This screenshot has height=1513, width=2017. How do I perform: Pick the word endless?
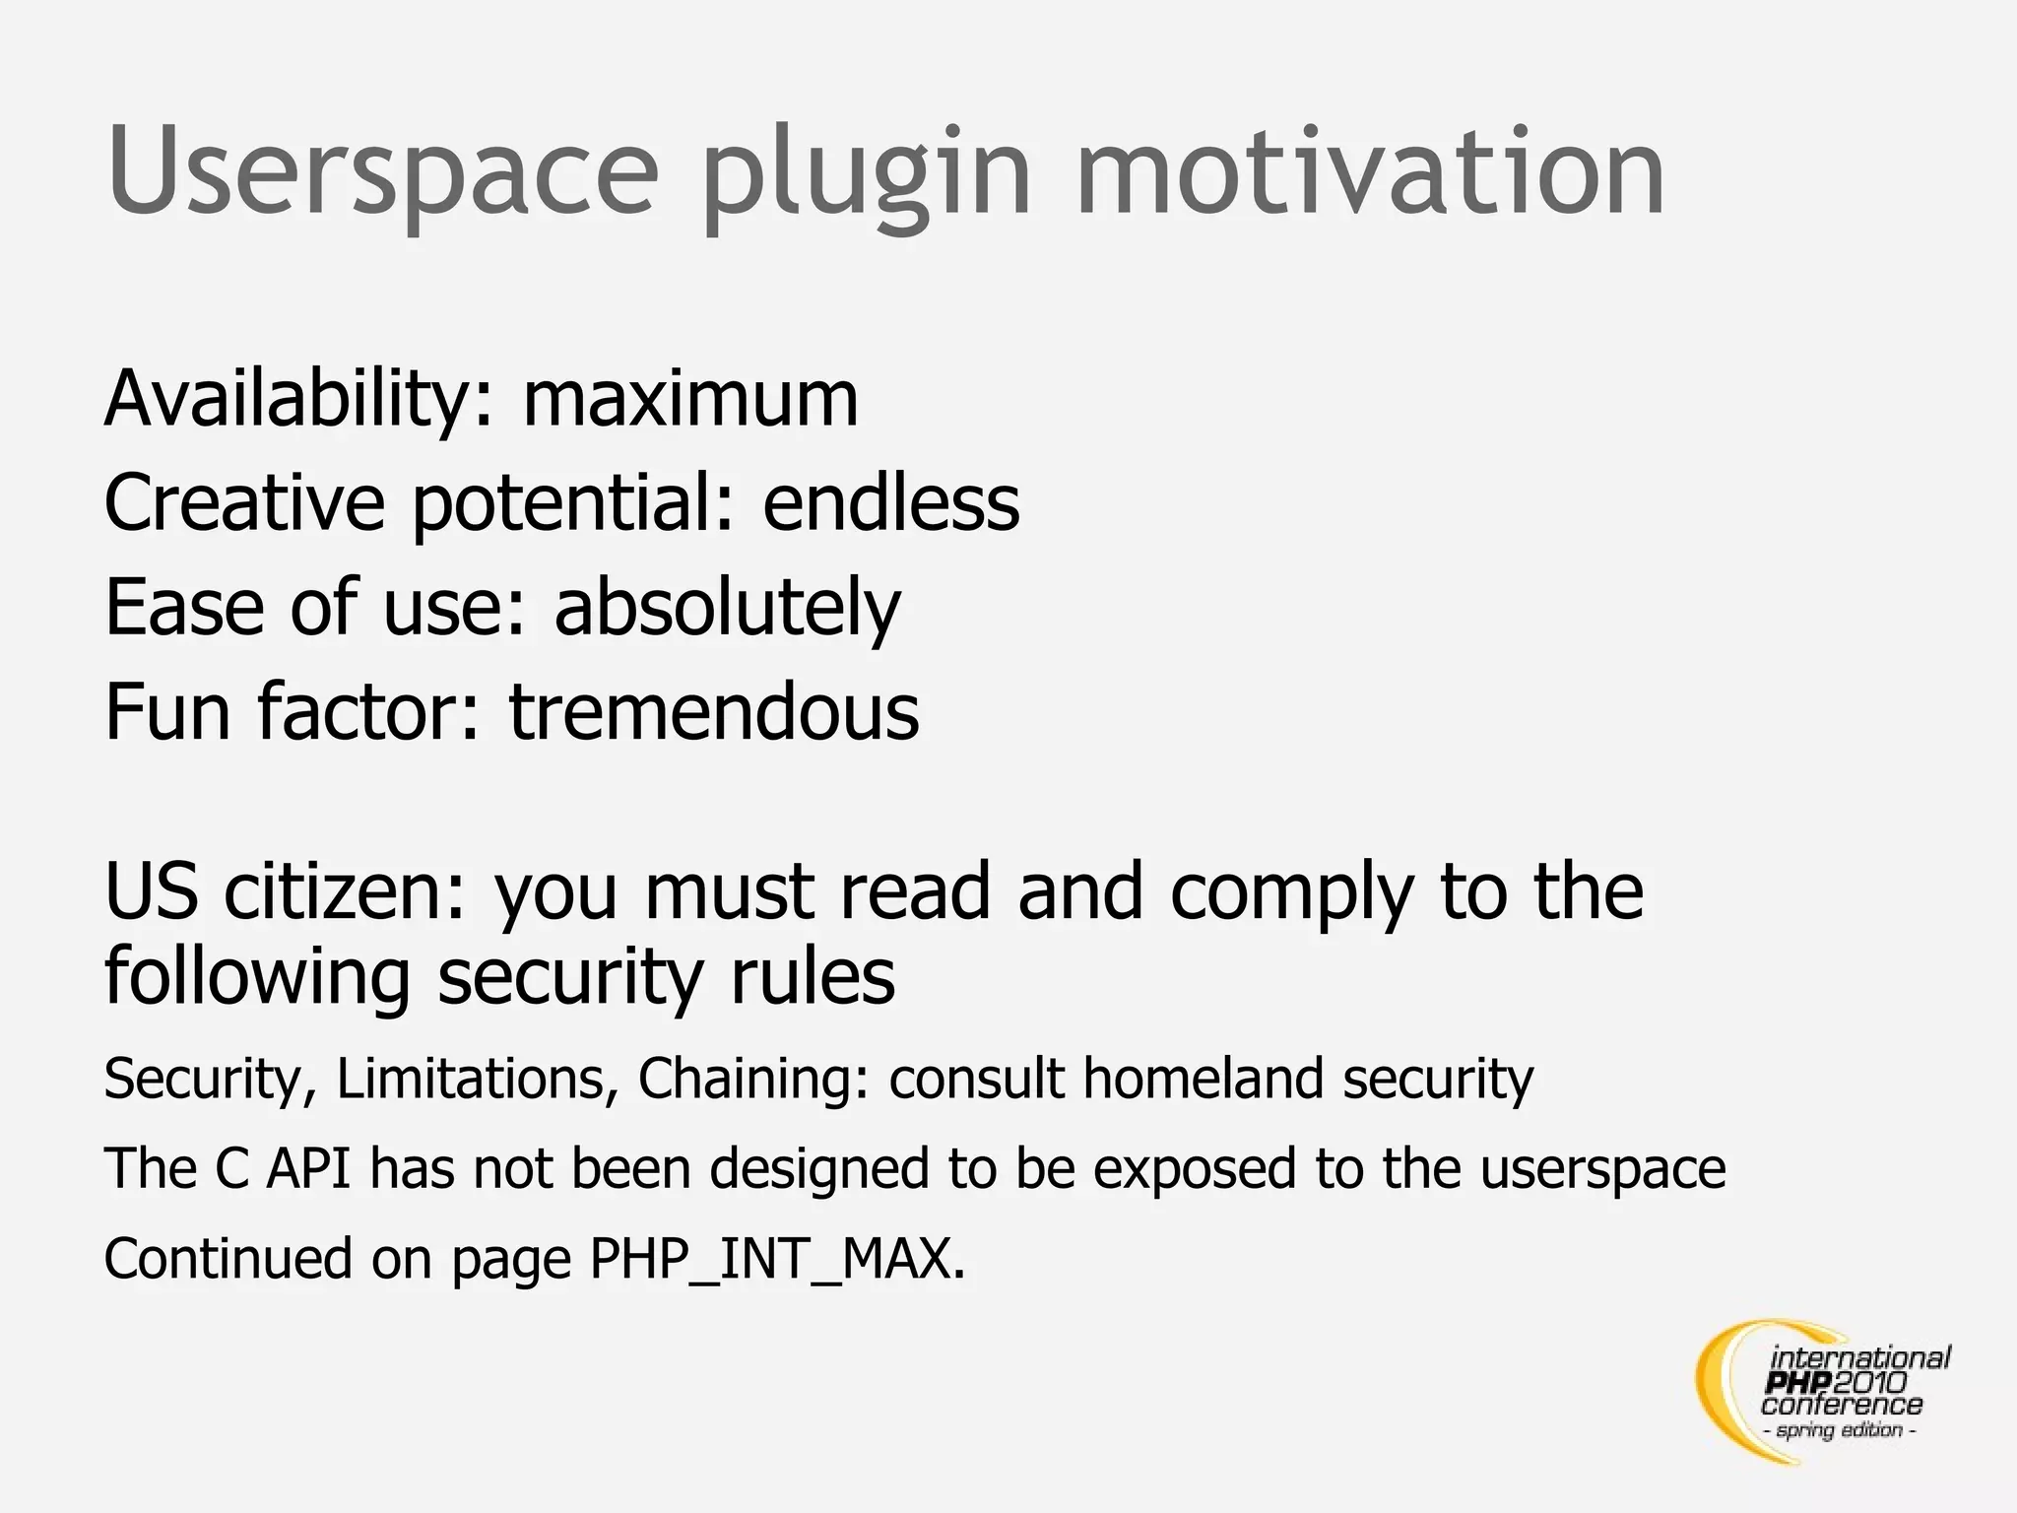(x=891, y=503)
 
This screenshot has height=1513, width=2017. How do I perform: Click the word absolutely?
(x=727, y=608)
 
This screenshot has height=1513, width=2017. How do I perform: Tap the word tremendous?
(x=714, y=712)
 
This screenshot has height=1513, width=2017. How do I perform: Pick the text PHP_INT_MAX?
(x=777, y=1260)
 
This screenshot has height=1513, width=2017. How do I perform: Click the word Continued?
(x=228, y=1260)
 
